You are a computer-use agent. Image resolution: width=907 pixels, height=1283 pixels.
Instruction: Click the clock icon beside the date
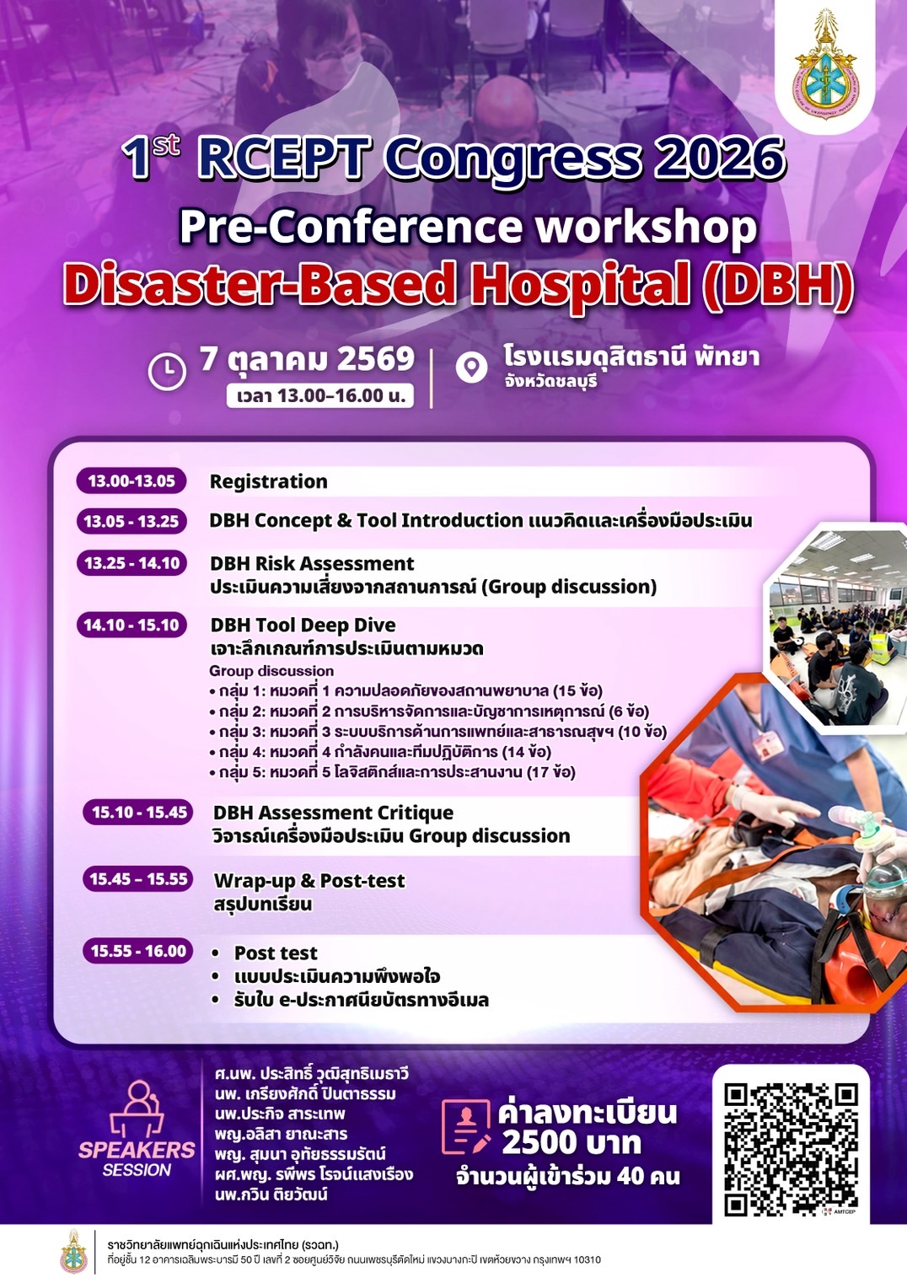click(x=167, y=371)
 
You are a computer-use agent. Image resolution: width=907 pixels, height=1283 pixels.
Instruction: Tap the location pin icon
click(x=471, y=368)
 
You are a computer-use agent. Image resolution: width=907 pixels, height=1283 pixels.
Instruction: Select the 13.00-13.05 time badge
click(x=131, y=480)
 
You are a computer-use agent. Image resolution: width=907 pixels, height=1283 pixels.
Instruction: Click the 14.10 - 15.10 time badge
click(x=131, y=625)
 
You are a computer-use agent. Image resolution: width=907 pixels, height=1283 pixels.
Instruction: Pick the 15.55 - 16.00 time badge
click(x=138, y=951)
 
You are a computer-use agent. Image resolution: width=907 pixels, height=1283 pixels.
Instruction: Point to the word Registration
click(x=269, y=481)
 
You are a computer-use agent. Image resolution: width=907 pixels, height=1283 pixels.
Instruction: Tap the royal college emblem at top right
click(x=824, y=65)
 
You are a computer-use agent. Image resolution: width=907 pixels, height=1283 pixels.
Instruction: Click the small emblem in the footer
click(x=74, y=1252)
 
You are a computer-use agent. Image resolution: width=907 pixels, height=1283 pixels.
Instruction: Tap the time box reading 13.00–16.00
click(x=320, y=395)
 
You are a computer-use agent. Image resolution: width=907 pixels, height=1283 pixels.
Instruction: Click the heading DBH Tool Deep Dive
click(x=303, y=625)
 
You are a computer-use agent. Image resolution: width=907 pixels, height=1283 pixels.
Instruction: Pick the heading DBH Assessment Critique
click(x=333, y=812)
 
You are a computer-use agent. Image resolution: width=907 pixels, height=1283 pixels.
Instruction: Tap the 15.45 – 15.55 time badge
click(x=138, y=878)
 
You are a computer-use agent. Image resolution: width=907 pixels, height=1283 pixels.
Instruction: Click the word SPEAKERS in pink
click(x=137, y=1150)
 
